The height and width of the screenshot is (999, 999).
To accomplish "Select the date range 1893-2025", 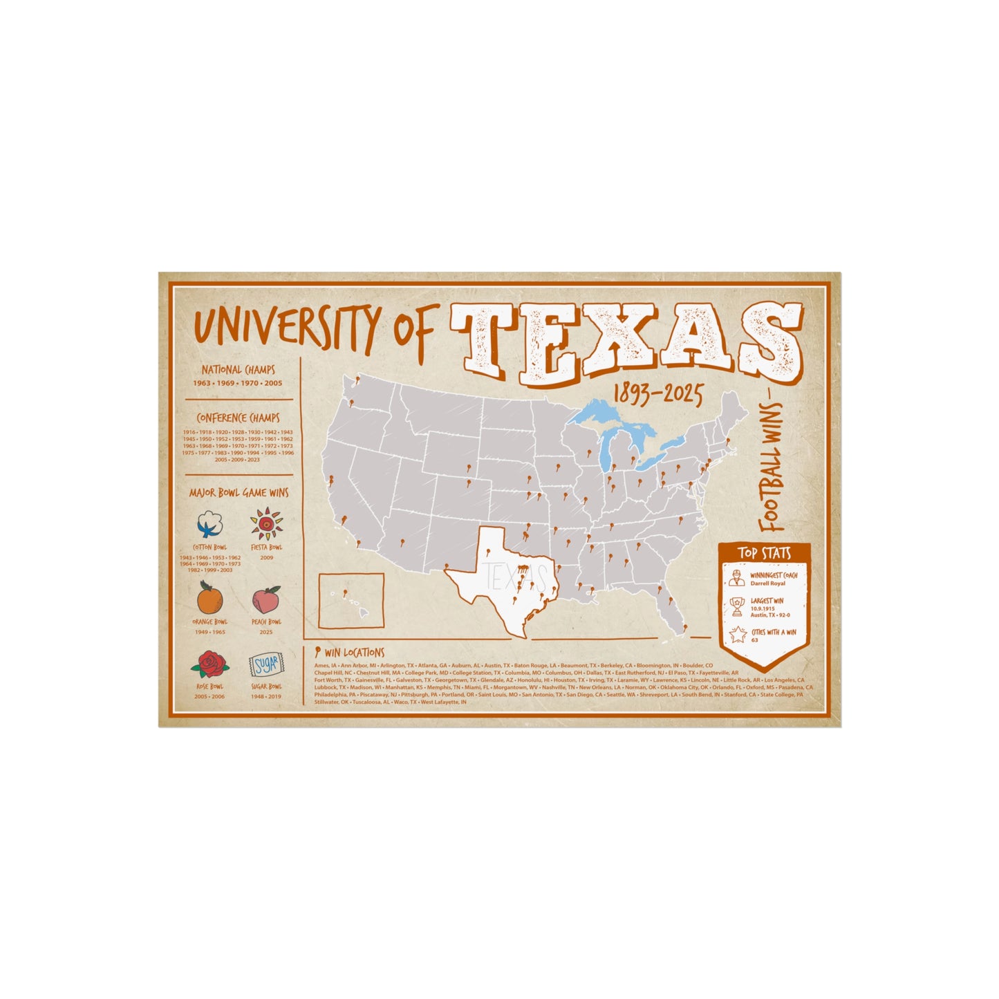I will (657, 395).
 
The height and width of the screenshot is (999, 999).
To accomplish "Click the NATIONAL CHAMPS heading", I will (239, 370).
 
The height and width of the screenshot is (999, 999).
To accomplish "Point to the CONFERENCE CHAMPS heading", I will (239, 418).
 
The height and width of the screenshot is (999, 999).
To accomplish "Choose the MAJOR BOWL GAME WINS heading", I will (239, 493).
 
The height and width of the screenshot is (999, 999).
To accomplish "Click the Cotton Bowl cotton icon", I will (209, 525).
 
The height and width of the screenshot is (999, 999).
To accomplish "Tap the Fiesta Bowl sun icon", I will (266, 524).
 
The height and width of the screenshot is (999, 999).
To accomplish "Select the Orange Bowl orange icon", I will (209, 597).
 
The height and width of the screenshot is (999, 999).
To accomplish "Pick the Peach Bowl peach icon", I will (266, 599).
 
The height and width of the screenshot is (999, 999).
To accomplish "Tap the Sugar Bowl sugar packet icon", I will (266, 665).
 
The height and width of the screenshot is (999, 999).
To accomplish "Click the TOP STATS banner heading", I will (764, 553).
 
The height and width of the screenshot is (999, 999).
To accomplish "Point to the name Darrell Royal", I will (768, 583).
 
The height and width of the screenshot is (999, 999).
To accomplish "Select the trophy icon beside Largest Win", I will (737, 606).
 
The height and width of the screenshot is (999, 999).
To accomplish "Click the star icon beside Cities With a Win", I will (737, 633).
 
